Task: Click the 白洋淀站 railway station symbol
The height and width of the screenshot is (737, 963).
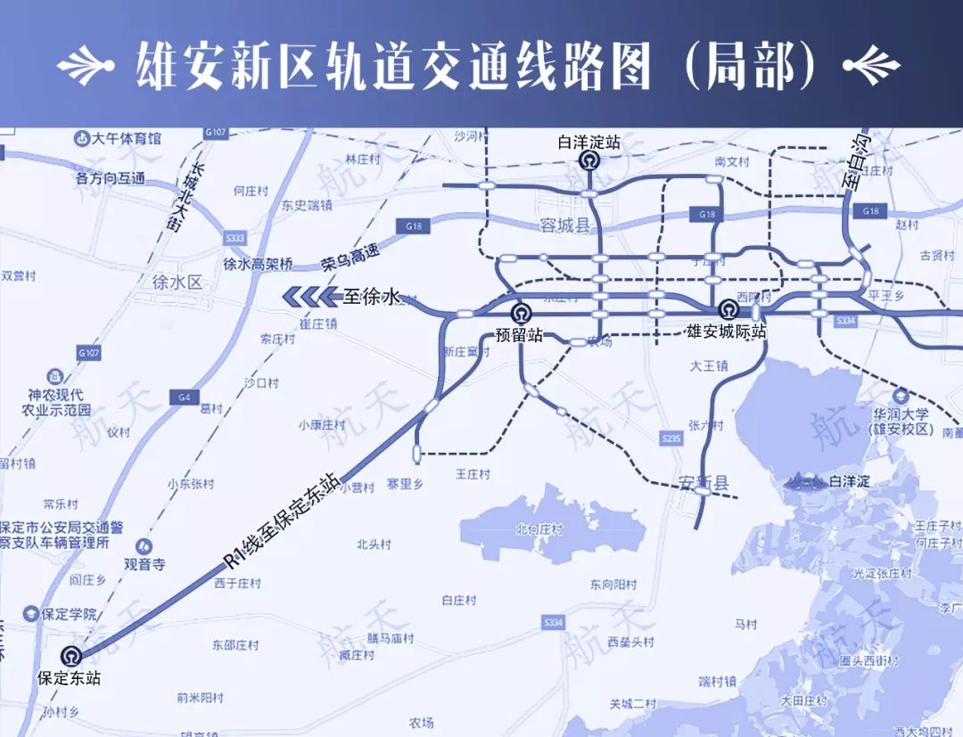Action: click(588, 160)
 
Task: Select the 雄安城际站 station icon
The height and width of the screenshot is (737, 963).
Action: click(728, 310)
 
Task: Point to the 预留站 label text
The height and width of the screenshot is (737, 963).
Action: click(519, 337)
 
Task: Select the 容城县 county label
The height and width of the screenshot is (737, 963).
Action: click(565, 225)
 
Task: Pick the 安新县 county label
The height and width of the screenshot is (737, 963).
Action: click(704, 483)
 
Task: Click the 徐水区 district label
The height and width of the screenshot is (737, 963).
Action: click(178, 283)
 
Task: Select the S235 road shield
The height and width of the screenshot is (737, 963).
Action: click(671, 438)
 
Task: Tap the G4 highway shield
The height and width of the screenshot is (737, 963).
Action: click(185, 397)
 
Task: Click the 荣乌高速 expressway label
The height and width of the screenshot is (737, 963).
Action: click(350, 258)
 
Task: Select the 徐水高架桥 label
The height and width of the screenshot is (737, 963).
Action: click(258, 264)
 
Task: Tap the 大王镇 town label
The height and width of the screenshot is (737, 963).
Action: click(709, 365)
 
